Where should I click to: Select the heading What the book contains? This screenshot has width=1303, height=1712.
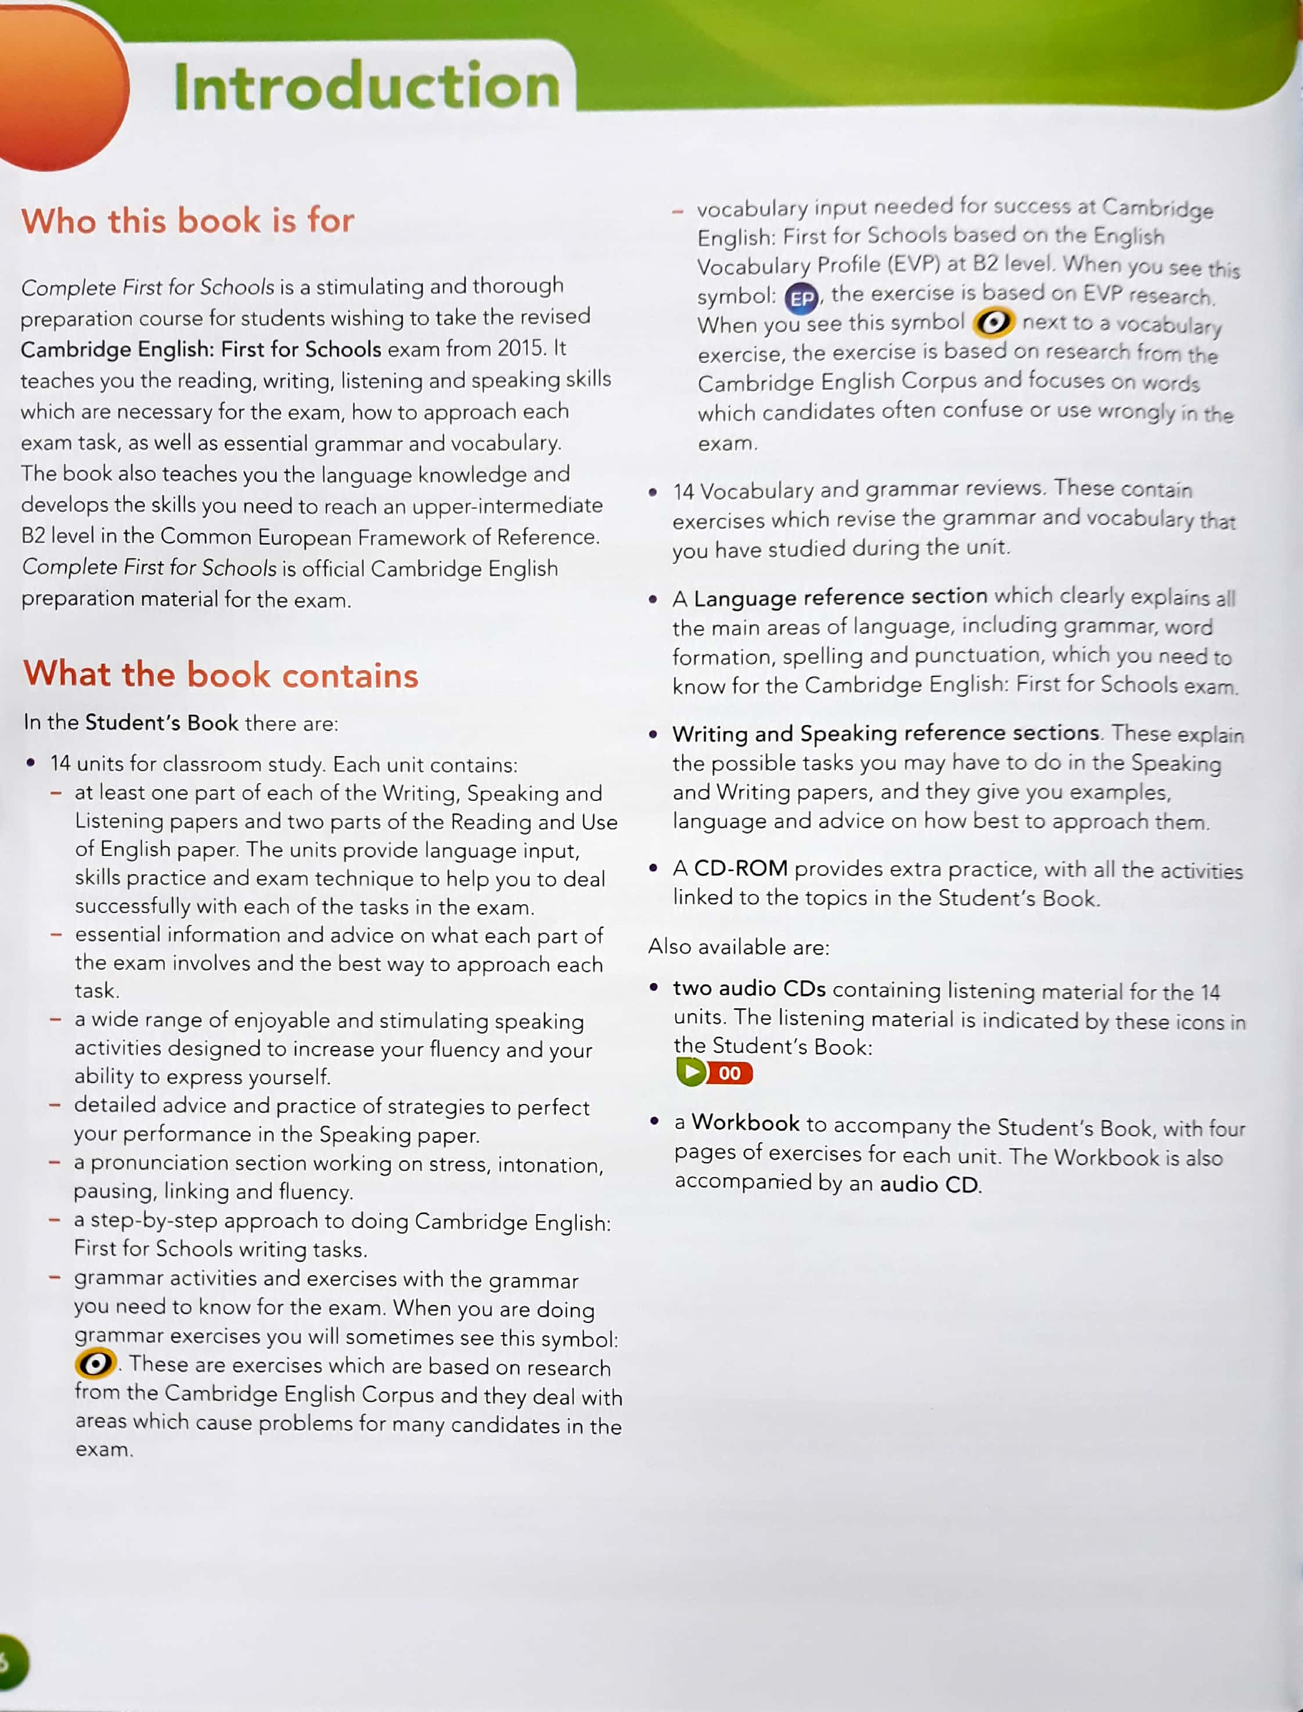point(221,674)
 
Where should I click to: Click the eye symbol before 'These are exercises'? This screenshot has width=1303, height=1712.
point(95,1363)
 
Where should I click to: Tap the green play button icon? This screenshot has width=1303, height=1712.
point(691,1072)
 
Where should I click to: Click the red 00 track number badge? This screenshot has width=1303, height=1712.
point(730,1073)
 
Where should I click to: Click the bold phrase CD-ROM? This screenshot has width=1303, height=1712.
point(741,868)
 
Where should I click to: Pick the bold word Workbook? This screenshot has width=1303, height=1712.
point(746,1123)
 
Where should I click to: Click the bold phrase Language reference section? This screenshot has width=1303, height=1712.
point(840,596)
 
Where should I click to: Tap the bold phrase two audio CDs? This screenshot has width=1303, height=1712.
point(749,988)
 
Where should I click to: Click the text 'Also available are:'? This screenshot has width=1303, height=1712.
point(739,947)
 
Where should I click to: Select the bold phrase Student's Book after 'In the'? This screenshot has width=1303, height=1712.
point(161,722)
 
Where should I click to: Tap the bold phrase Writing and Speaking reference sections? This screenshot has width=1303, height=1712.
point(886,733)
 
